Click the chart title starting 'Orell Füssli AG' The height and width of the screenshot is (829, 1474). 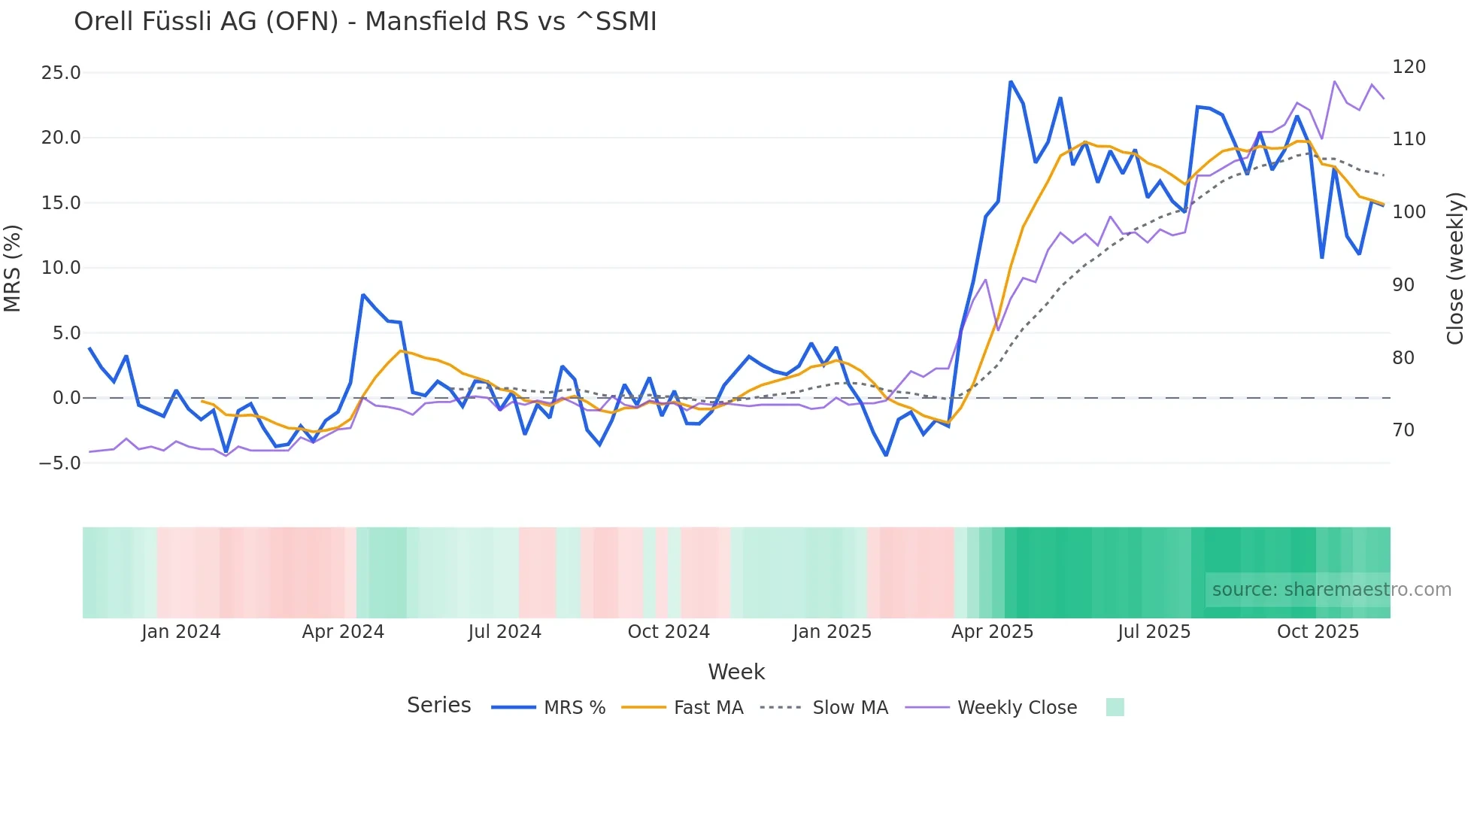(x=365, y=22)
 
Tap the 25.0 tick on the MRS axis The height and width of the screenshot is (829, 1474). (x=61, y=73)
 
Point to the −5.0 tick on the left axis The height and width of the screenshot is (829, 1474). (x=59, y=463)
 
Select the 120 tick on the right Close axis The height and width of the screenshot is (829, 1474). (x=1409, y=67)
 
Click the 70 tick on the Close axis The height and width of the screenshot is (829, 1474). (x=1403, y=430)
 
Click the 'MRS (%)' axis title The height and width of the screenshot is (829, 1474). (x=13, y=269)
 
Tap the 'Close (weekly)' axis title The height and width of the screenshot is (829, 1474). (x=1455, y=269)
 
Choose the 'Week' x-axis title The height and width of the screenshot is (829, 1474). (x=736, y=673)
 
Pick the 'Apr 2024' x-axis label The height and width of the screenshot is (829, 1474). (x=343, y=632)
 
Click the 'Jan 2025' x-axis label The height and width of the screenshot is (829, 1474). (x=832, y=632)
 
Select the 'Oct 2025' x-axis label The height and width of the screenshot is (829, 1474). (x=1318, y=632)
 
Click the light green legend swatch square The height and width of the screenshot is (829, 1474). (x=1115, y=707)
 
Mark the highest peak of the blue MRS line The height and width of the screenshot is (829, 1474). (x=1011, y=82)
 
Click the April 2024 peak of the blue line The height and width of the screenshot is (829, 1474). (x=362, y=295)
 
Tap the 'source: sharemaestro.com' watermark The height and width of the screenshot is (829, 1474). (x=1331, y=590)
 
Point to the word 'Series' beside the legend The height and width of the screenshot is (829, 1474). (x=438, y=706)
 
